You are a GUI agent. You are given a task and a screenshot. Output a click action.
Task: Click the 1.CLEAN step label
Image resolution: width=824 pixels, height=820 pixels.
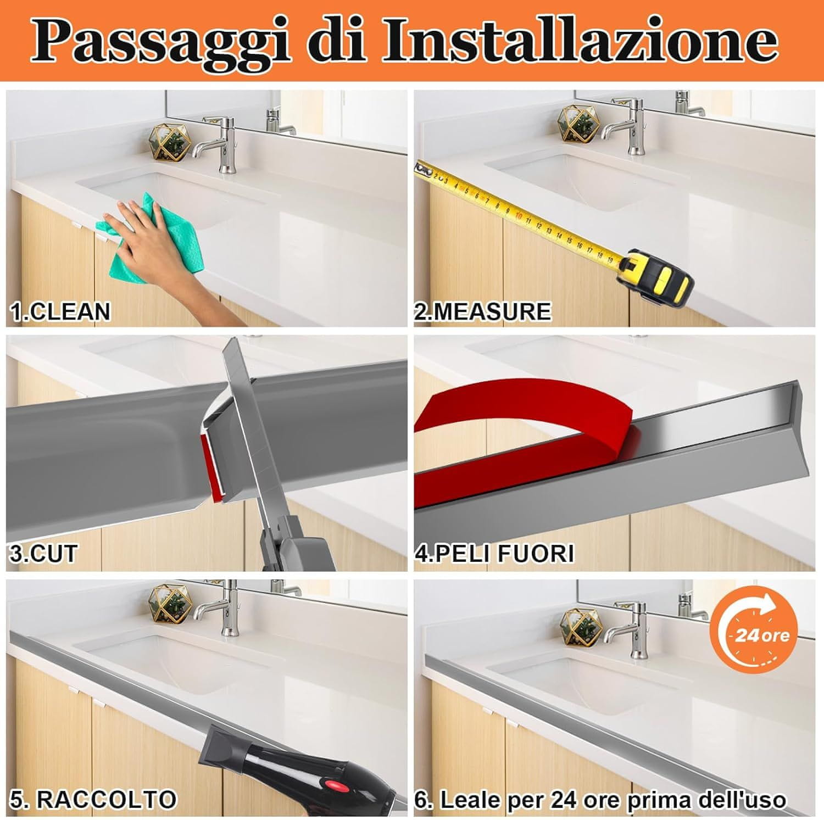point(60,311)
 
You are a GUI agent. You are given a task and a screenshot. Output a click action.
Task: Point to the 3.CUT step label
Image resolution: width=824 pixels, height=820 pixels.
point(43,553)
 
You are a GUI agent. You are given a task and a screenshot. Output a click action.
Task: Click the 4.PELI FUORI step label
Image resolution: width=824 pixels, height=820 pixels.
point(494,553)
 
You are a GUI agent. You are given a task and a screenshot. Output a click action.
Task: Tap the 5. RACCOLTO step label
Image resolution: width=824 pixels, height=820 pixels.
point(93,799)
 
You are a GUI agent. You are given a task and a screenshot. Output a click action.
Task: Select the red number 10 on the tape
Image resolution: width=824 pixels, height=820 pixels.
point(518,216)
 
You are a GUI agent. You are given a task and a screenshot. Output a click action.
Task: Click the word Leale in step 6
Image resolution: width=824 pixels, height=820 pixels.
point(468,800)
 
